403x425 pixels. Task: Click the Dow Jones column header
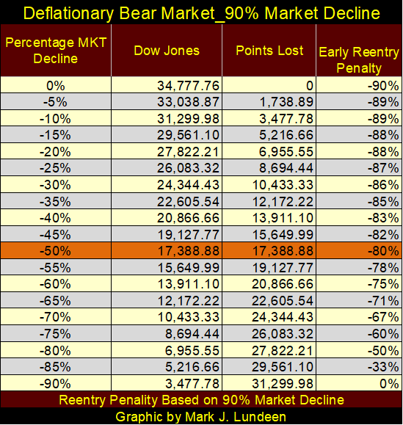[167, 51]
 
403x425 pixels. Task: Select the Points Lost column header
[269, 51]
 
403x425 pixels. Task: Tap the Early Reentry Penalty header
[359, 60]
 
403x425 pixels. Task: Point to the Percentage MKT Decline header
[56, 51]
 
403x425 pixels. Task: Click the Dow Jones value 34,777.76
[188, 86]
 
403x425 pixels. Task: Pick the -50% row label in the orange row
[55, 251]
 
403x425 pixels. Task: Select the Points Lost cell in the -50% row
[283, 251]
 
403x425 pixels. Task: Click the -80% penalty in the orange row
[383, 251]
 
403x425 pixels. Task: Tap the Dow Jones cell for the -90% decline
[192, 384]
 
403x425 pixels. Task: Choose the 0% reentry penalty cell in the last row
[390, 384]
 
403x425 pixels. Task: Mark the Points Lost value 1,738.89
[286, 102]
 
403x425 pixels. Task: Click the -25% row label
[55, 168]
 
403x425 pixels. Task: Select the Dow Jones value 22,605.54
[188, 201]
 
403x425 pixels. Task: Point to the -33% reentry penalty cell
[383, 367]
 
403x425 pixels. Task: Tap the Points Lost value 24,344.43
[283, 317]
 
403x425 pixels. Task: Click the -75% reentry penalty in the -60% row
[383, 284]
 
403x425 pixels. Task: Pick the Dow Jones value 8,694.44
[192, 334]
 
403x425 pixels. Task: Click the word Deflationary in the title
[68, 13]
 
